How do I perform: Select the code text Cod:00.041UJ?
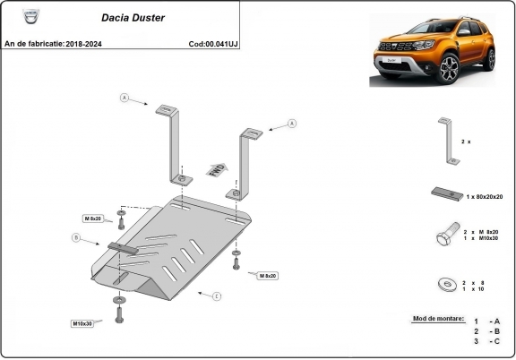click(x=213, y=43)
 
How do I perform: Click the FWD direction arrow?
click(x=216, y=170)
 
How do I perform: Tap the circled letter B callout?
click(x=77, y=237)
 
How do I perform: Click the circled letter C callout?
click(x=216, y=295)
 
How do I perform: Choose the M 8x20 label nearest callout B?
click(x=93, y=219)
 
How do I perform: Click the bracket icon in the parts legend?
click(x=448, y=141)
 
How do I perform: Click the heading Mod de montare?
click(x=438, y=318)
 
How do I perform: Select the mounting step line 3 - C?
click(x=487, y=341)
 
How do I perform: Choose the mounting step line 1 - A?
click(x=487, y=321)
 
